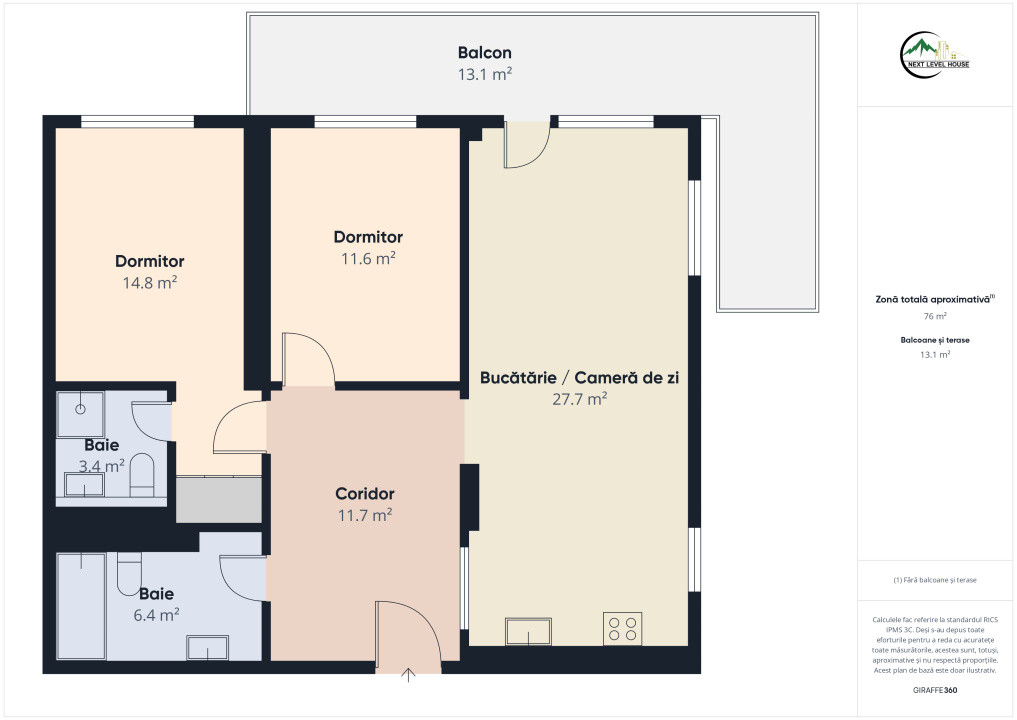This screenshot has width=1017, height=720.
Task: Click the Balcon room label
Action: pyautogui.click(x=485, y=53)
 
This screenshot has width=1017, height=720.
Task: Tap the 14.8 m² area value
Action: pyautogui.click(x=150, y=283)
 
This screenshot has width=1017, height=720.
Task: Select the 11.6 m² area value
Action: pyautogui.click(x=368, y=259)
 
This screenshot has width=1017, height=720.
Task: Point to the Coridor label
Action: pyautogui.click(x=365, y=494)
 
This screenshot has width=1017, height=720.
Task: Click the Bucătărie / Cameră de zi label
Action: pyautogui.click(x=579, y=378)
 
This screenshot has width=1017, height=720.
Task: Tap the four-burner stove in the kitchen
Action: pyautogui.click(x=623, y=629)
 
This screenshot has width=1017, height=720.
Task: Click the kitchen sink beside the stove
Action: pyautogui.click(x=529, y=631)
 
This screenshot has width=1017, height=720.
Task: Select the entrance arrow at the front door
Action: pyautogui.click(x=408, y=675)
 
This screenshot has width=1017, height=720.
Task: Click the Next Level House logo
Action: pyautogui.click(x=935, y=55)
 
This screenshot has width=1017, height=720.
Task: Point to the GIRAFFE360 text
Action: pyautogui.click(x=935, y=690)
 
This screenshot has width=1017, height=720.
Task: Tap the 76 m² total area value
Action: pyautogui.click(x=935, y=317)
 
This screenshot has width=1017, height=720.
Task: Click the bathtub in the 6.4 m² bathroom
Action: pyautogui.click(x=81, y=606)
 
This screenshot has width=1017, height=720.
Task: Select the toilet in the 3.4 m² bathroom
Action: pyautogui.click(x=142, y=475)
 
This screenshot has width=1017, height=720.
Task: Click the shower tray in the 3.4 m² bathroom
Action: pyautogui.click(x=80, y=414)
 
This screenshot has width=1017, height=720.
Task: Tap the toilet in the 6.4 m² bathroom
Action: pyautogui.click(x=129, y=573)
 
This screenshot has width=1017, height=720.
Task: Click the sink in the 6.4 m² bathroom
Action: pyautogui.click(x=208, y=647)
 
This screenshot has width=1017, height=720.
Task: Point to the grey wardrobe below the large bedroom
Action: pyautogui.click(x=219, y=499)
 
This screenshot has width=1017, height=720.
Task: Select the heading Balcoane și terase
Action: pyautogui.click(x=935, y=340)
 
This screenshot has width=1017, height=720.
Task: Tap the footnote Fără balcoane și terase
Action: pyautogui.click(x=935, y=580)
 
